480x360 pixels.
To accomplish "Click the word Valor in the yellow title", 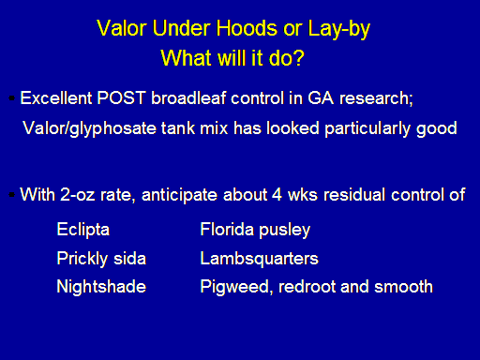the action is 122,28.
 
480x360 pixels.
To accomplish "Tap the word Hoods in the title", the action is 247,28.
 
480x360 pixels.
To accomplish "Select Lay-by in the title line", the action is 339,30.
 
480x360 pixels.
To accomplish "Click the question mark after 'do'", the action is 298,58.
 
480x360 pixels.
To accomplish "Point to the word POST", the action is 122,98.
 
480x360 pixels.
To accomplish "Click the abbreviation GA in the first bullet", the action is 321,98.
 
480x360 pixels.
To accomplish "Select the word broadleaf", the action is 188,98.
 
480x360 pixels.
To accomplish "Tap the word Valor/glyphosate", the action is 89,128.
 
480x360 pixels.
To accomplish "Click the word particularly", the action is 367,128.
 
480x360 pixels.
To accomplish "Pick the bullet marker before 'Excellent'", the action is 12,98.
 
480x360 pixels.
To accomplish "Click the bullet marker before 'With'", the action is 12,195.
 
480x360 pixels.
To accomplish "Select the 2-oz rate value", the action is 77,195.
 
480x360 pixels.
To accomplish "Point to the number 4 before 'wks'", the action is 277,195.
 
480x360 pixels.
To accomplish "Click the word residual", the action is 354,195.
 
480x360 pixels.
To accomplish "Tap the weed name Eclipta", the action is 83,231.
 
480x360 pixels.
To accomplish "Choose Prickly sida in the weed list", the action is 101,259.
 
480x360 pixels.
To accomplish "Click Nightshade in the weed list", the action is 101,287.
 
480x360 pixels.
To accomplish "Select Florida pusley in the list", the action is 255,231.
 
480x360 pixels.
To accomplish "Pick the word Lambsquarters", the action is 260,259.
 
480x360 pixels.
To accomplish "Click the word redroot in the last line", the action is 307,287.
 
